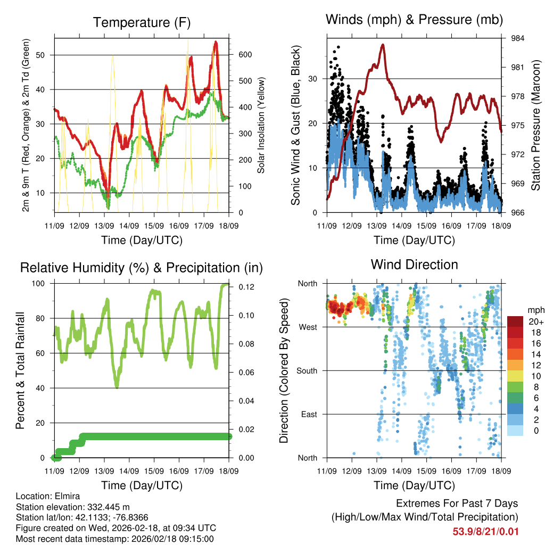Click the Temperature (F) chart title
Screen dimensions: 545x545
point(142,22)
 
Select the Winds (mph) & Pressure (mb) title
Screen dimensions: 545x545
point(414,20)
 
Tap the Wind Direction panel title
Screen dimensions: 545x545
point(414,264)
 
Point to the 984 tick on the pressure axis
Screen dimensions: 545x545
point(518,38)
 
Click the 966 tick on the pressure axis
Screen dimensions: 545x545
point(518,213)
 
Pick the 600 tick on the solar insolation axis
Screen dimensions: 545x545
point(244,55)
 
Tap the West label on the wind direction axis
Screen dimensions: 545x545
point(308,327)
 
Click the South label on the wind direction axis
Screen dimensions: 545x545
point(307,370)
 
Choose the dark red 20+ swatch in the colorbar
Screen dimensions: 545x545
point(516,322)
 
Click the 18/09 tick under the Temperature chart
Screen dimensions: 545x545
point(229,226)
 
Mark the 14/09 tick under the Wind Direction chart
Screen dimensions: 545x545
point(401,471)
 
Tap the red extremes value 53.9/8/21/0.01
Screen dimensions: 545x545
point(485,532)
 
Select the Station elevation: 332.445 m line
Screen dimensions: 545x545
point(73,507)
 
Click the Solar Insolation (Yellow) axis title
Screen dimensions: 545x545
point(261,126)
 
